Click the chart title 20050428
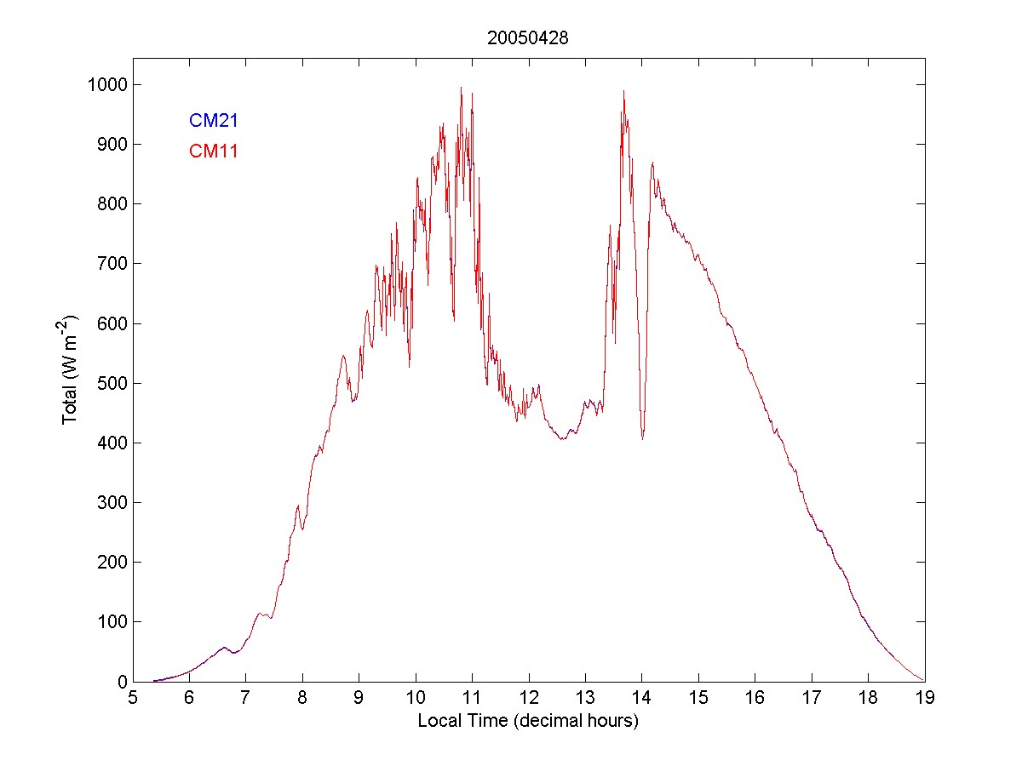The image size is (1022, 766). tap(527, 38)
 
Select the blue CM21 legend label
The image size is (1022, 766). tap(213, 121)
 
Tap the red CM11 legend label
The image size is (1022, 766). tap(213, 151)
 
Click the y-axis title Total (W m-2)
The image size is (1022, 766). tap(70, 369)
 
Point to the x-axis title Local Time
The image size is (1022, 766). tap(527, 721)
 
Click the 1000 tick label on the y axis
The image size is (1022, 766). tap(106, 84)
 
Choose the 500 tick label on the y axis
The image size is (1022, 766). tap(111, 383)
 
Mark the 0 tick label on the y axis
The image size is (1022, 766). tap(122, 682)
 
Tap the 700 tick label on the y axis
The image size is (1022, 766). tap(111, 264)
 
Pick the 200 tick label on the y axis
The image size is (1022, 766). tap(111, 563)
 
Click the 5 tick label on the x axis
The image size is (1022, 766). tap(133, 699)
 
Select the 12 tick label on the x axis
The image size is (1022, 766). tap(528, 699)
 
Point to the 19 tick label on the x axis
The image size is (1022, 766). tap(924, 699)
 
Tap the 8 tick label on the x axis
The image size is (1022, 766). tap(302, 699)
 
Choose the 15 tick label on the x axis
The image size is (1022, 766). tap(698, 699)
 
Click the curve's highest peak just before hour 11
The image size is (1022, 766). tap(461, 88)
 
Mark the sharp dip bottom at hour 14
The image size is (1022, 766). tap(642, 438)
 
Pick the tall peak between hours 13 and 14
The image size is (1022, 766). tap(623, 91)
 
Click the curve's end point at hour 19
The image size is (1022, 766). tap(923, 681)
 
